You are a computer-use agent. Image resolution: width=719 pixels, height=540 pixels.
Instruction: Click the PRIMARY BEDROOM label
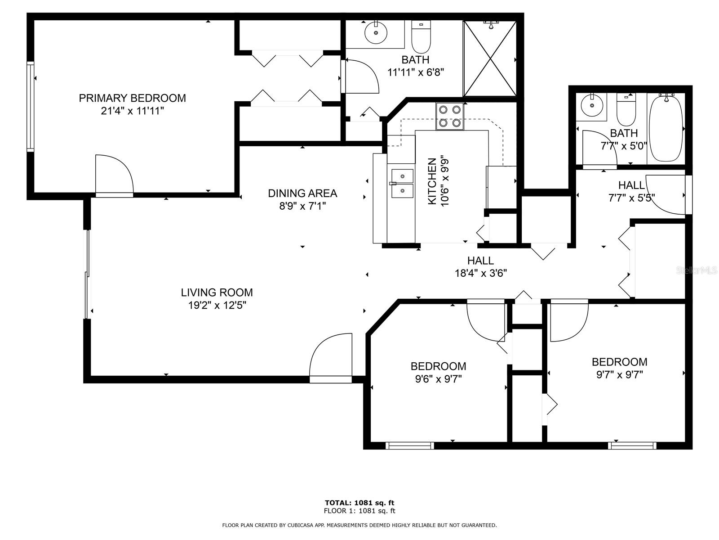(x=132, y=98)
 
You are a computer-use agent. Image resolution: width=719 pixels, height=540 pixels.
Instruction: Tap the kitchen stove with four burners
(x=449, y=116)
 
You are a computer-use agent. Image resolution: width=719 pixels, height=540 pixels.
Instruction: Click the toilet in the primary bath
(x=421, y=37)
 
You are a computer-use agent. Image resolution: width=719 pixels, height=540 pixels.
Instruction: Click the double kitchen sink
(x=403, y=184)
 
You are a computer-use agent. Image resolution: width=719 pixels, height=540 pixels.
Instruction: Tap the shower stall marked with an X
(x=490, y=58)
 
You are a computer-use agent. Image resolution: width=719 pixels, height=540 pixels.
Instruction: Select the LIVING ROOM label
(x=217, y=292)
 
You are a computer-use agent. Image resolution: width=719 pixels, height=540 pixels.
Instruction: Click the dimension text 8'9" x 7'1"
(x=302, y=206)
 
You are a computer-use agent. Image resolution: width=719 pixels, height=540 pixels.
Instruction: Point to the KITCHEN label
(x=432, y=181)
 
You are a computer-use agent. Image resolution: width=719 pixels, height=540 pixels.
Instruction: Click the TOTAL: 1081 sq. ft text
(x=359, y=503)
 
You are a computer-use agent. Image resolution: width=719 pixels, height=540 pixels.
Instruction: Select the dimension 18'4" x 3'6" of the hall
(x=480, y=273)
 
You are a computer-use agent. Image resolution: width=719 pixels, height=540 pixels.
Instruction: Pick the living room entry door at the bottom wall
(x=330, y=358)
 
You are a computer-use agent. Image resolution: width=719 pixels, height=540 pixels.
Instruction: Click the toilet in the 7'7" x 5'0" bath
(x=626, y=110)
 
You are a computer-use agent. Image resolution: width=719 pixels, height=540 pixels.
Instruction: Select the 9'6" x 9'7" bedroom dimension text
(x=438, y=379)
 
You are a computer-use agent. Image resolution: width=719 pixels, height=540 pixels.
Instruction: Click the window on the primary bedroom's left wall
(x=31, y=107)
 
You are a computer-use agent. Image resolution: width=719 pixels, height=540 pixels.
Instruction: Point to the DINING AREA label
(x=302, y=193)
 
